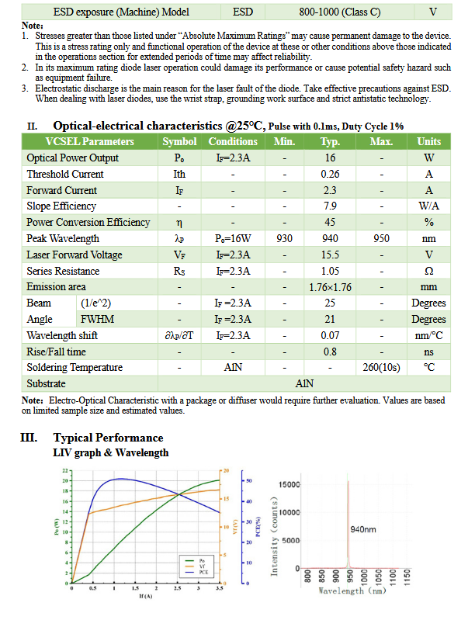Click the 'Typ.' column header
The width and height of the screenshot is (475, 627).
tap(331, 141)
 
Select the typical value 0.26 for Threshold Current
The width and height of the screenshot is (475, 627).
tap(331, 174)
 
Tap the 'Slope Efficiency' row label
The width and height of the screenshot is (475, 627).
tap(61, 206)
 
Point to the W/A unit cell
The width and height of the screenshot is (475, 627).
tap(428, 206)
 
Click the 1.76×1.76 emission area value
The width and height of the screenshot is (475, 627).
tap(331, 287)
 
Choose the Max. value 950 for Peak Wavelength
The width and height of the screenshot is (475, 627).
tap(381, 239)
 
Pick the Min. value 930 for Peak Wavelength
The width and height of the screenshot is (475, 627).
tap(284, 239)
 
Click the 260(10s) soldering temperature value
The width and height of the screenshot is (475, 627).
tap(381, 368)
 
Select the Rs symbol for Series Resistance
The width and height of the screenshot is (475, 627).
tap(179, 271)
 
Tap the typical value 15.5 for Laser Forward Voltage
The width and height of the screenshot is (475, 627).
tap(331, 255)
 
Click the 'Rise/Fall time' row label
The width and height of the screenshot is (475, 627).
tap(56, 352)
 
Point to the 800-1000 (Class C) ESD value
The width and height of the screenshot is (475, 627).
tap(339, 12)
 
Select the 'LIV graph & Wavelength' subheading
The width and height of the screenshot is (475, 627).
tap(110, 452)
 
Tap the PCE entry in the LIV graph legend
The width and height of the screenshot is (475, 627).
tap(203, 571)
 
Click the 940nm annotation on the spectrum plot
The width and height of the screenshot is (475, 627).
tap(365, 530)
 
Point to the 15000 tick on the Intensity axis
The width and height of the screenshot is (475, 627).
tap(289, 485)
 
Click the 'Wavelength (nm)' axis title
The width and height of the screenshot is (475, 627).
tap(352, 591)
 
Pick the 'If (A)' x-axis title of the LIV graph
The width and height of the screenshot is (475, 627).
tap(145, 596)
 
